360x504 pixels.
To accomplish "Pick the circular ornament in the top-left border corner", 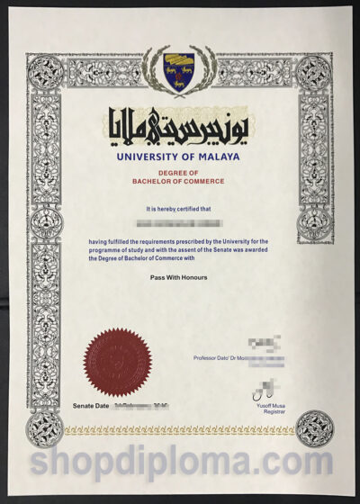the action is (46, 73).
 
